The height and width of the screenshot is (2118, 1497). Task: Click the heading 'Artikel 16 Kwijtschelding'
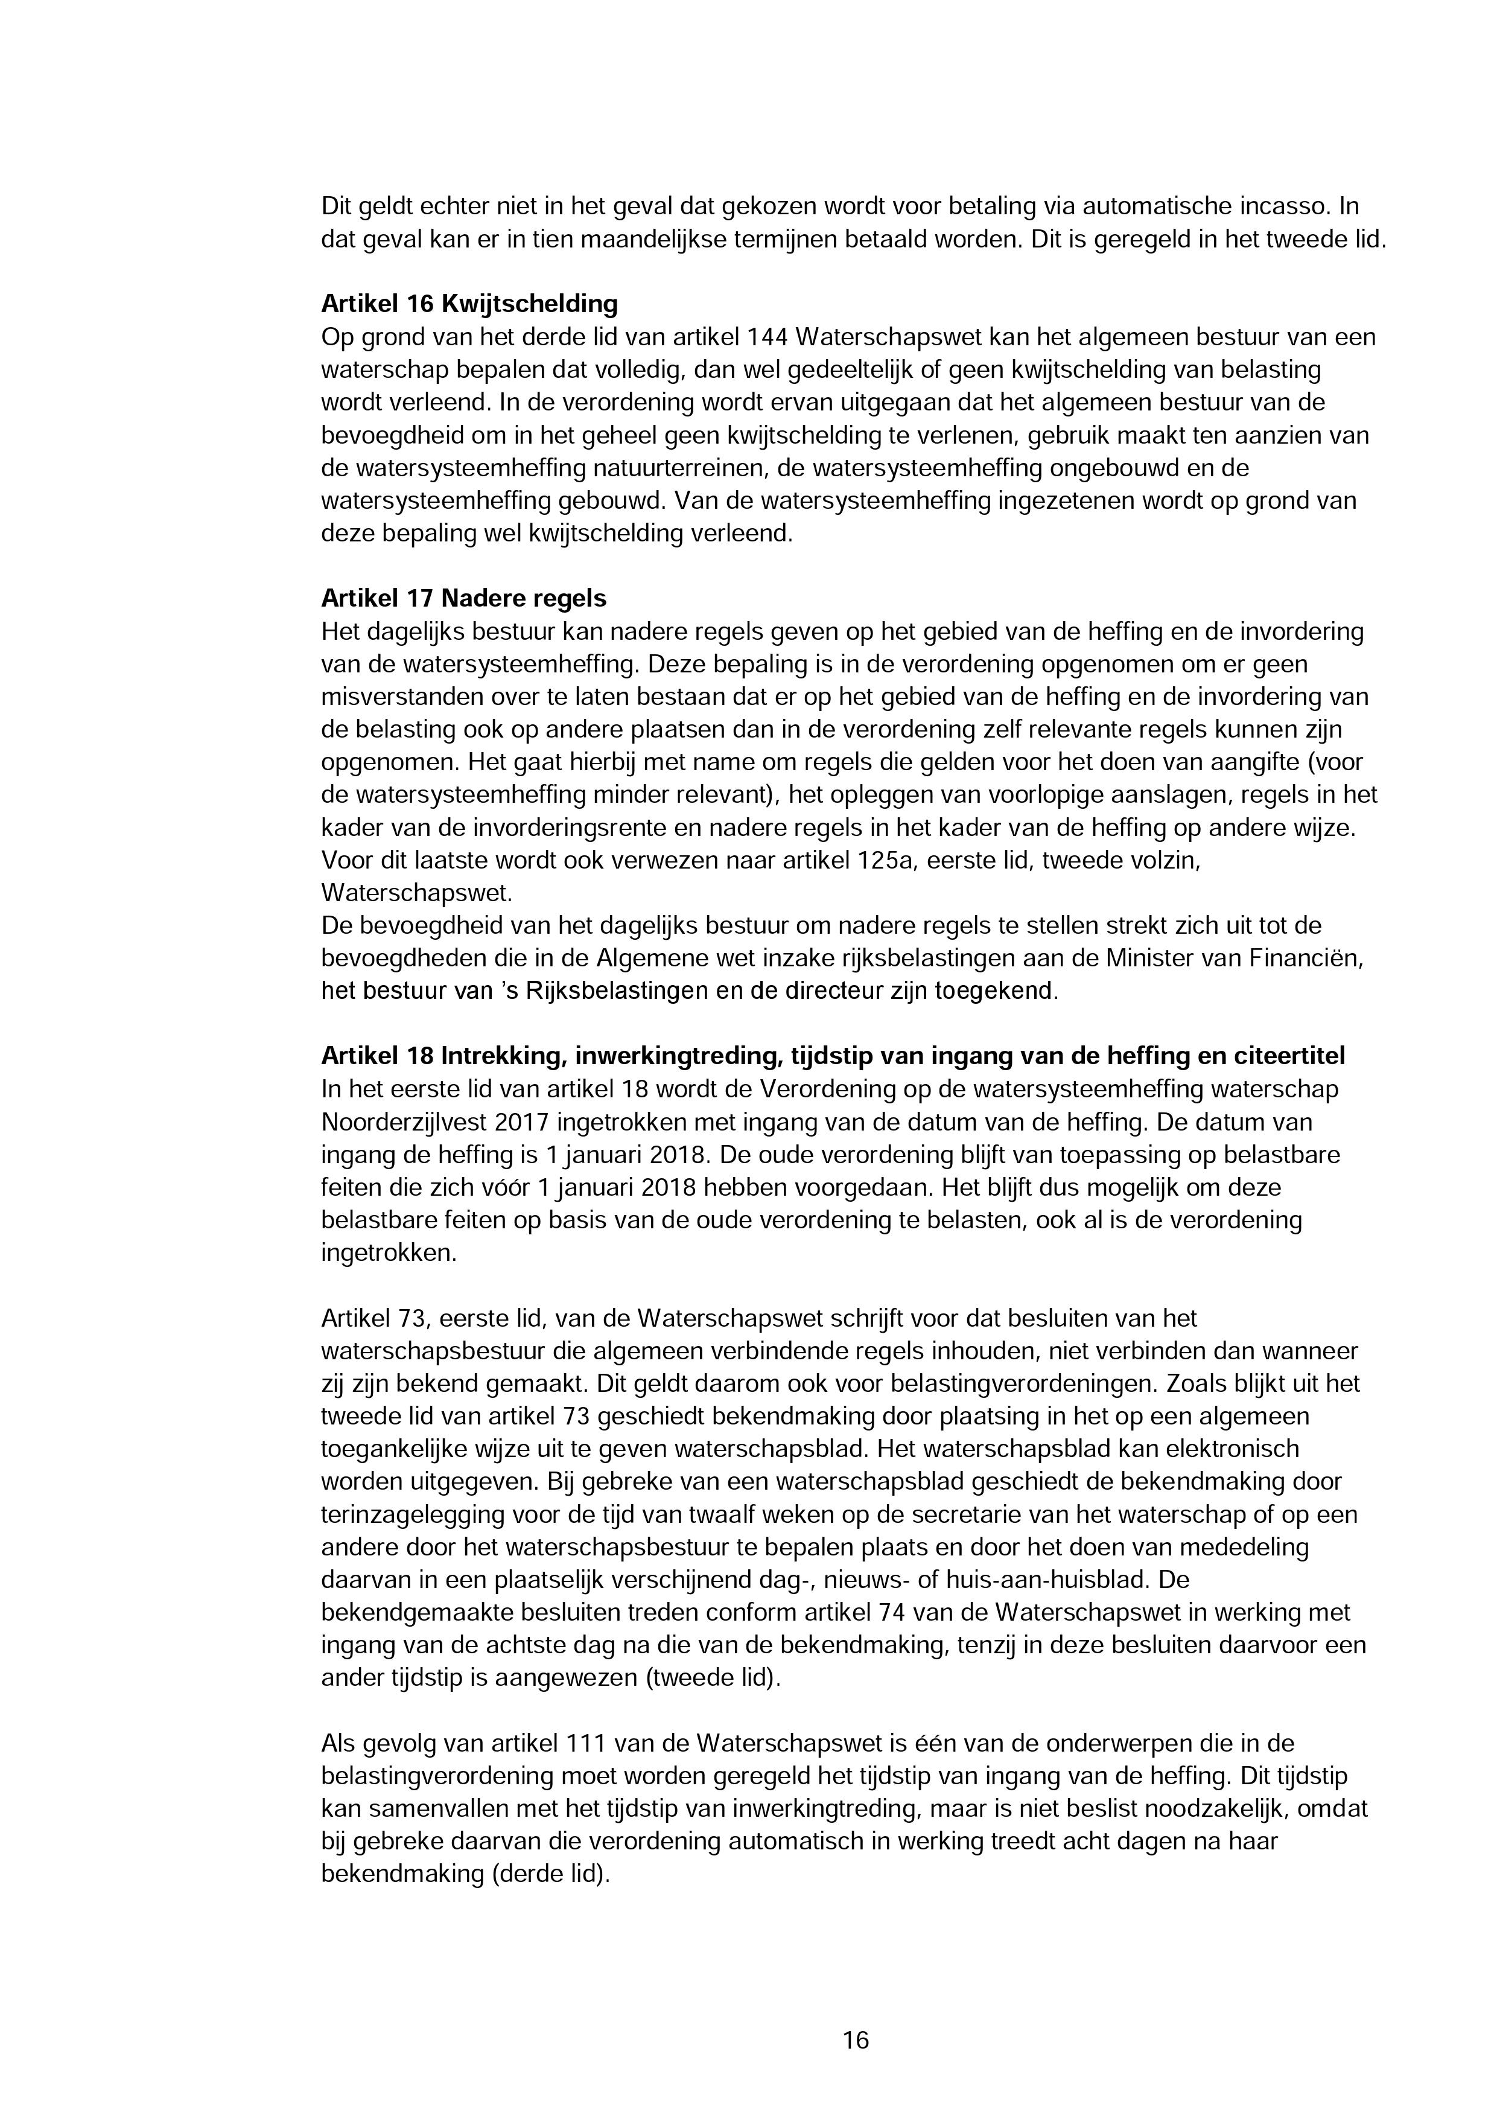(469, 304)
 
